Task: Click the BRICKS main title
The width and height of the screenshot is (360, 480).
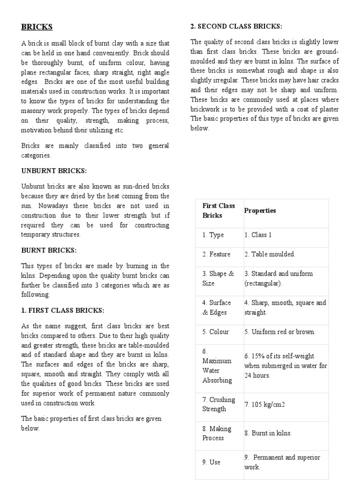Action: pyautogui.click(x=37, y=27)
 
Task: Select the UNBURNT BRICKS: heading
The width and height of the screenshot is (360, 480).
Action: pyautogui.click(x=54, y=171)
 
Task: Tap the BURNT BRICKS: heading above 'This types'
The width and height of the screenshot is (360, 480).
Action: pyautogui.click(x=49, y=250)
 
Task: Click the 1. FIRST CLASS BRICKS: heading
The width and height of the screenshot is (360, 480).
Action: pyautogui.click(x=63, y=310)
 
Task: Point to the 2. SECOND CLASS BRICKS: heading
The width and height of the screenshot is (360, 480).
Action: pyautogui.click(x=236, y=26)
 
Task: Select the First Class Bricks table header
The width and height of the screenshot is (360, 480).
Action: pyautogui.click(x=219, y=210)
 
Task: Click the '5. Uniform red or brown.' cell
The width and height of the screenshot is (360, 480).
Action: pyautogui.click(x=280, y=332)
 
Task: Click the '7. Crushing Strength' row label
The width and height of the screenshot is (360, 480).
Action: pyautogui.click(x=219, y=404)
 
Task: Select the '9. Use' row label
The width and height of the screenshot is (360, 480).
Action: pyautogui.click(x=211, y=462)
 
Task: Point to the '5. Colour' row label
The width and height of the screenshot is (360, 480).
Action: pyautogui.click(x=216, y=332)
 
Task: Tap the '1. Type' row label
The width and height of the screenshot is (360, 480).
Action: pyautogui.click(x=213, y=235)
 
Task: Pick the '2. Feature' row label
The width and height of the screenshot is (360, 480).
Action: pyautogui.click(x=217, y=254)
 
